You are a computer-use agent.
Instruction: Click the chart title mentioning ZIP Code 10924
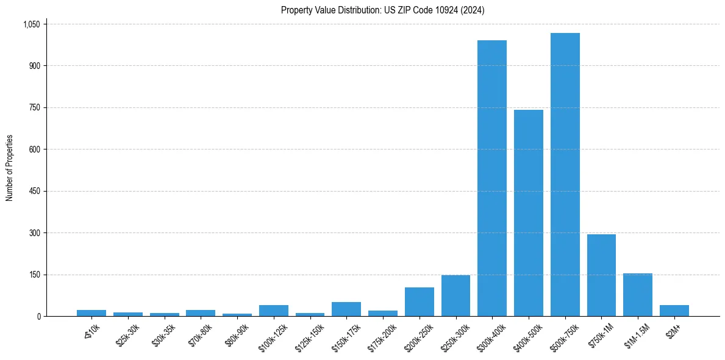382,10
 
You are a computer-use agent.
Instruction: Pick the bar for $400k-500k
528,213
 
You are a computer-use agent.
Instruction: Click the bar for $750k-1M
601,275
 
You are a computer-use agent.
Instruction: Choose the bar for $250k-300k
455,296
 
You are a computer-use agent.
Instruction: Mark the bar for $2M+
674,311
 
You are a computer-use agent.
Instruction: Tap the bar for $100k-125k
273,311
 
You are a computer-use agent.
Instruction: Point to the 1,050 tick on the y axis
31,24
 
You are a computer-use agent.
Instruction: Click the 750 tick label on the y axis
34,107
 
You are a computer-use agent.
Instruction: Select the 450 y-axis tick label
34,191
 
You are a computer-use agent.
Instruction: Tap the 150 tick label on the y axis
34,275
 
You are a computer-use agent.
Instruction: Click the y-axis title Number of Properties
10,168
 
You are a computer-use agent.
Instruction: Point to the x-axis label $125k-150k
308,337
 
